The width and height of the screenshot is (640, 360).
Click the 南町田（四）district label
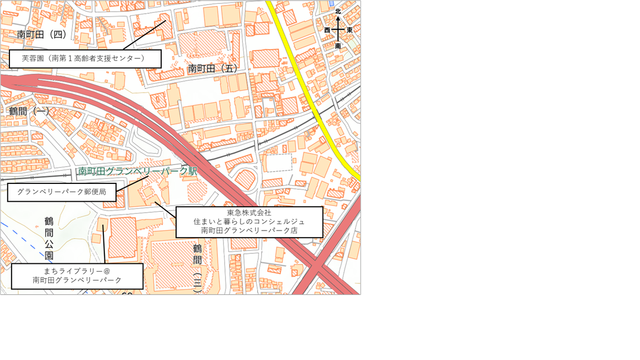42,34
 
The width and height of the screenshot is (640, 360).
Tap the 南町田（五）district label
213,68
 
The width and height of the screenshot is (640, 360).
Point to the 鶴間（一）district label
29,111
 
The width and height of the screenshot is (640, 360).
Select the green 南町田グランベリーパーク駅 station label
137,171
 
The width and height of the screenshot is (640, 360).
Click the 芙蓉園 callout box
85,58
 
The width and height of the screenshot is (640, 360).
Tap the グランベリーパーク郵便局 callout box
62,192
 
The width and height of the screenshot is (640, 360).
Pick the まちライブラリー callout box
77,276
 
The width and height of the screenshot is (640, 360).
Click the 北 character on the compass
338,11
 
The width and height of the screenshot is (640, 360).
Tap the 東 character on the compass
349,30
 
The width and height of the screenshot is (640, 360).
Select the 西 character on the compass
327,30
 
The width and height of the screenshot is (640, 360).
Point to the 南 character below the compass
338,46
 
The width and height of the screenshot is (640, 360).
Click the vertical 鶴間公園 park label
49,238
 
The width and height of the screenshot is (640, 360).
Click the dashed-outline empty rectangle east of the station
276,163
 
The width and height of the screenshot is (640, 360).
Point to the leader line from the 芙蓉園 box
144,36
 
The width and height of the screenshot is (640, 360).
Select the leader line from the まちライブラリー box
104,244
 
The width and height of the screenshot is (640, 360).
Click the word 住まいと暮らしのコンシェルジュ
249,222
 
